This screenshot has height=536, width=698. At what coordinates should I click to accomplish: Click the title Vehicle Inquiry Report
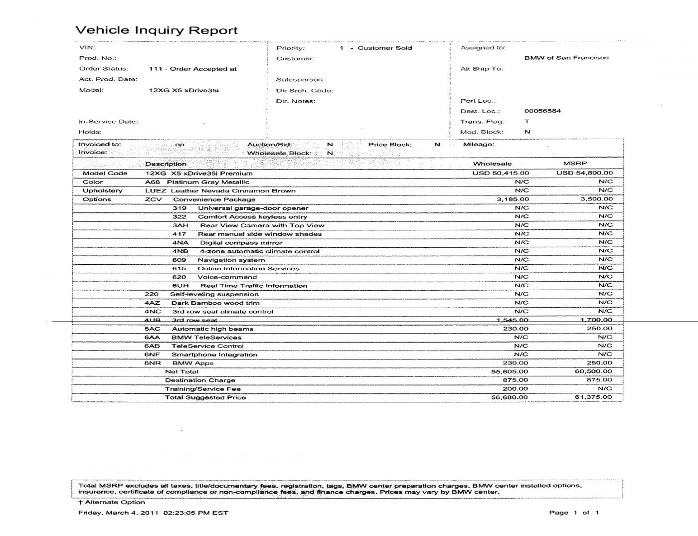(156, 30)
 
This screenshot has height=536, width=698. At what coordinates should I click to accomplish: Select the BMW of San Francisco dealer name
(566, 58)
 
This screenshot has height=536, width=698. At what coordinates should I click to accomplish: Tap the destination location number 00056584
(542, 111)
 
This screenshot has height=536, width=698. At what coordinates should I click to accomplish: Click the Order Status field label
(104, 69)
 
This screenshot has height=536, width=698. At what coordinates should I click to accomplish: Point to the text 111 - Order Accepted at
(192, 69)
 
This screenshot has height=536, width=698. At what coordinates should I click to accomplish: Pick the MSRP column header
(575, 164)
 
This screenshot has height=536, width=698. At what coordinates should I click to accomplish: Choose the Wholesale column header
(492, 164)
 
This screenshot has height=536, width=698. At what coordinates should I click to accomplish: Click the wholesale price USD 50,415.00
(501, 173)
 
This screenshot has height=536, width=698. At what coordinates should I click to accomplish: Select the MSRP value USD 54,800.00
(584, 173)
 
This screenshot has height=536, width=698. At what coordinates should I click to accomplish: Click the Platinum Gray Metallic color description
(208, 182)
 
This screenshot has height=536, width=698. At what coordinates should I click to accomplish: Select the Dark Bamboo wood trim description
(215, 303)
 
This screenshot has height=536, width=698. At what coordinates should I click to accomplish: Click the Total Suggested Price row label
(205, 397)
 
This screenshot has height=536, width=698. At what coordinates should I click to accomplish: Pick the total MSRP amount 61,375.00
(593, 397)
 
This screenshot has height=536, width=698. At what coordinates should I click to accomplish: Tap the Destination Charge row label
(200, 380)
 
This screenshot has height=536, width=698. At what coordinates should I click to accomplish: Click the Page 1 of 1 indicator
(574, 513)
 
